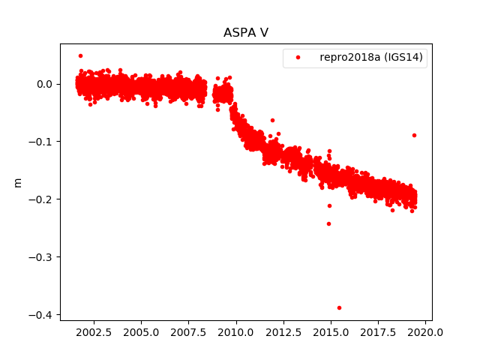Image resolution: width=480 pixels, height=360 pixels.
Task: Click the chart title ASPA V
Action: click(246, 33)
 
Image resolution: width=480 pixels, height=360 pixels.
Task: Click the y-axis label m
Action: click(17, 182)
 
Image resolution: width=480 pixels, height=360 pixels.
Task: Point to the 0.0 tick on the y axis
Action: click(46, 84)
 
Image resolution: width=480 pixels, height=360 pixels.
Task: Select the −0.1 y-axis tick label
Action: click(43, 142)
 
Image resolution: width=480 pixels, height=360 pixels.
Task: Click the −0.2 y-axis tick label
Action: click(43, 199)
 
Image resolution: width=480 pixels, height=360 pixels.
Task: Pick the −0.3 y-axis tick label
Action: click(43, 256)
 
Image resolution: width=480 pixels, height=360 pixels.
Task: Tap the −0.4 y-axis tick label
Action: click(43, 314)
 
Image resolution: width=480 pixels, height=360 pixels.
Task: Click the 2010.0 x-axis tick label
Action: click(236, 331)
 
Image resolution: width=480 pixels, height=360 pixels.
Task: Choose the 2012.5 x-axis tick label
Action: click(283, 331)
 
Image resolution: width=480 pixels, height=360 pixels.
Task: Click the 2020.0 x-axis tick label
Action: click(426, 331)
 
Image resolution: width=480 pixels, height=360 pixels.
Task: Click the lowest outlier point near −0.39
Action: click(339, 307)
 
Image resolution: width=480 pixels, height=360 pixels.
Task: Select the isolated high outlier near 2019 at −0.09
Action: click(414, 135)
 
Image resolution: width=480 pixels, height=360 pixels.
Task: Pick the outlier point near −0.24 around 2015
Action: click(328, 223)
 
